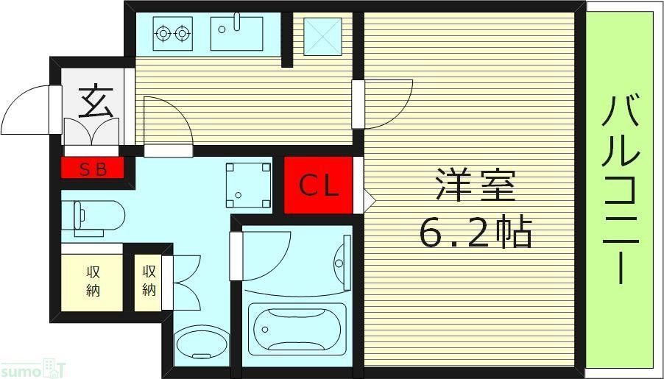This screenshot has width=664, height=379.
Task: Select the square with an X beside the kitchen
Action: pyautogui.click(x=321, y=34)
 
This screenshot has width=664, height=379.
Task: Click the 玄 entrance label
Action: pyautogui.click(x=96, y=102)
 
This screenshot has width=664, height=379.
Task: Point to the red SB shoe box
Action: pyautogui.click(x=93, y=169)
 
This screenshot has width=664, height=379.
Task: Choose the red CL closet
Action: pyautogui.click(x=318, y=185)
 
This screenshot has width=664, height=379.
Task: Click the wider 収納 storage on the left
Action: pyautogui.click(x=91, y=280)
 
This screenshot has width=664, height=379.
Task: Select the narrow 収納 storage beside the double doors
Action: pyautogui.click(x=149, y=280)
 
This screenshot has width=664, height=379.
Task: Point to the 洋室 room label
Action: pyautogui.click(x=475, y=185)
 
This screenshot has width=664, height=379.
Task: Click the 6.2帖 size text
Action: pyautogui.click(x=475, y=233)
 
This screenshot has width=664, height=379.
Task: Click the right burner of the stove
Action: pyautogui.click(x=181, y=32)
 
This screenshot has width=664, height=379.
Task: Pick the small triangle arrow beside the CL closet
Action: pyautogui.click(x=369, y=199)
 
